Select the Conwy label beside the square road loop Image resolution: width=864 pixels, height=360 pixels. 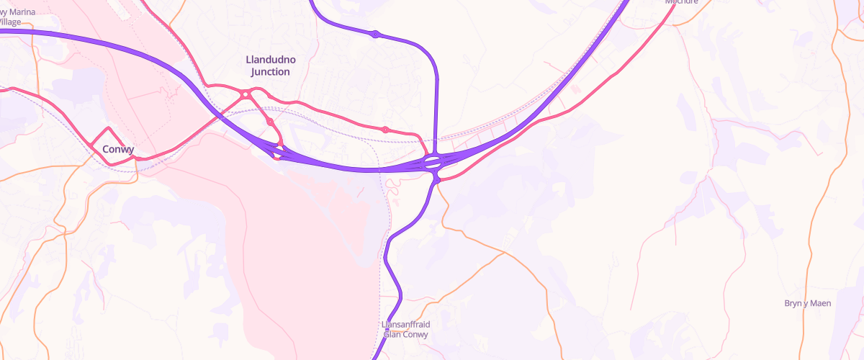tap(118, 150)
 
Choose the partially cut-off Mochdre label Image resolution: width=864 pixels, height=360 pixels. tap(682, 2)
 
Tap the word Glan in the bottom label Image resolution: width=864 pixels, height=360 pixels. tap(393, 335)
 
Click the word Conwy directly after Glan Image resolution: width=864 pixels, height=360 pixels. tap(416, 335)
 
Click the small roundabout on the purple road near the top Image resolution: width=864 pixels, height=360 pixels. tap(375, 34)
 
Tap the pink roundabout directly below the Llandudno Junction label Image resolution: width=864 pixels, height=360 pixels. tap(246, 94)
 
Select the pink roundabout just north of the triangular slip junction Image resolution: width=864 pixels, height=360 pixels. tap(270, 122)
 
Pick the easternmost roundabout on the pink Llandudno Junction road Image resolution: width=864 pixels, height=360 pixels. tap(385, 130)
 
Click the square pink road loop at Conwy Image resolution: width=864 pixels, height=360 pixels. tap(109, 145)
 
